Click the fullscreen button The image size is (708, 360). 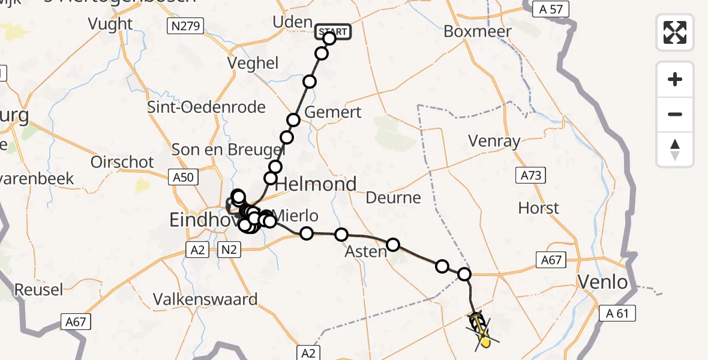click(x=675, y=32)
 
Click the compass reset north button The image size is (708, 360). click(x=675, y=149)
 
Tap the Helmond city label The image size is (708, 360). click(x=316, y=184)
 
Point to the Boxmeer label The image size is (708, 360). click(x=478, y=31)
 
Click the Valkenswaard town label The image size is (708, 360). click(x=205, y=299)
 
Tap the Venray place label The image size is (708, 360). click(x=495, y=142)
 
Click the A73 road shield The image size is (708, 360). click(x=530, y=175)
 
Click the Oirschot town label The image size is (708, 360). click(x=122, y=162)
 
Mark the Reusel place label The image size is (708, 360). click(x=38, y=290)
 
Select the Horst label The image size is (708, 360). click(x=539, y=208)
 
